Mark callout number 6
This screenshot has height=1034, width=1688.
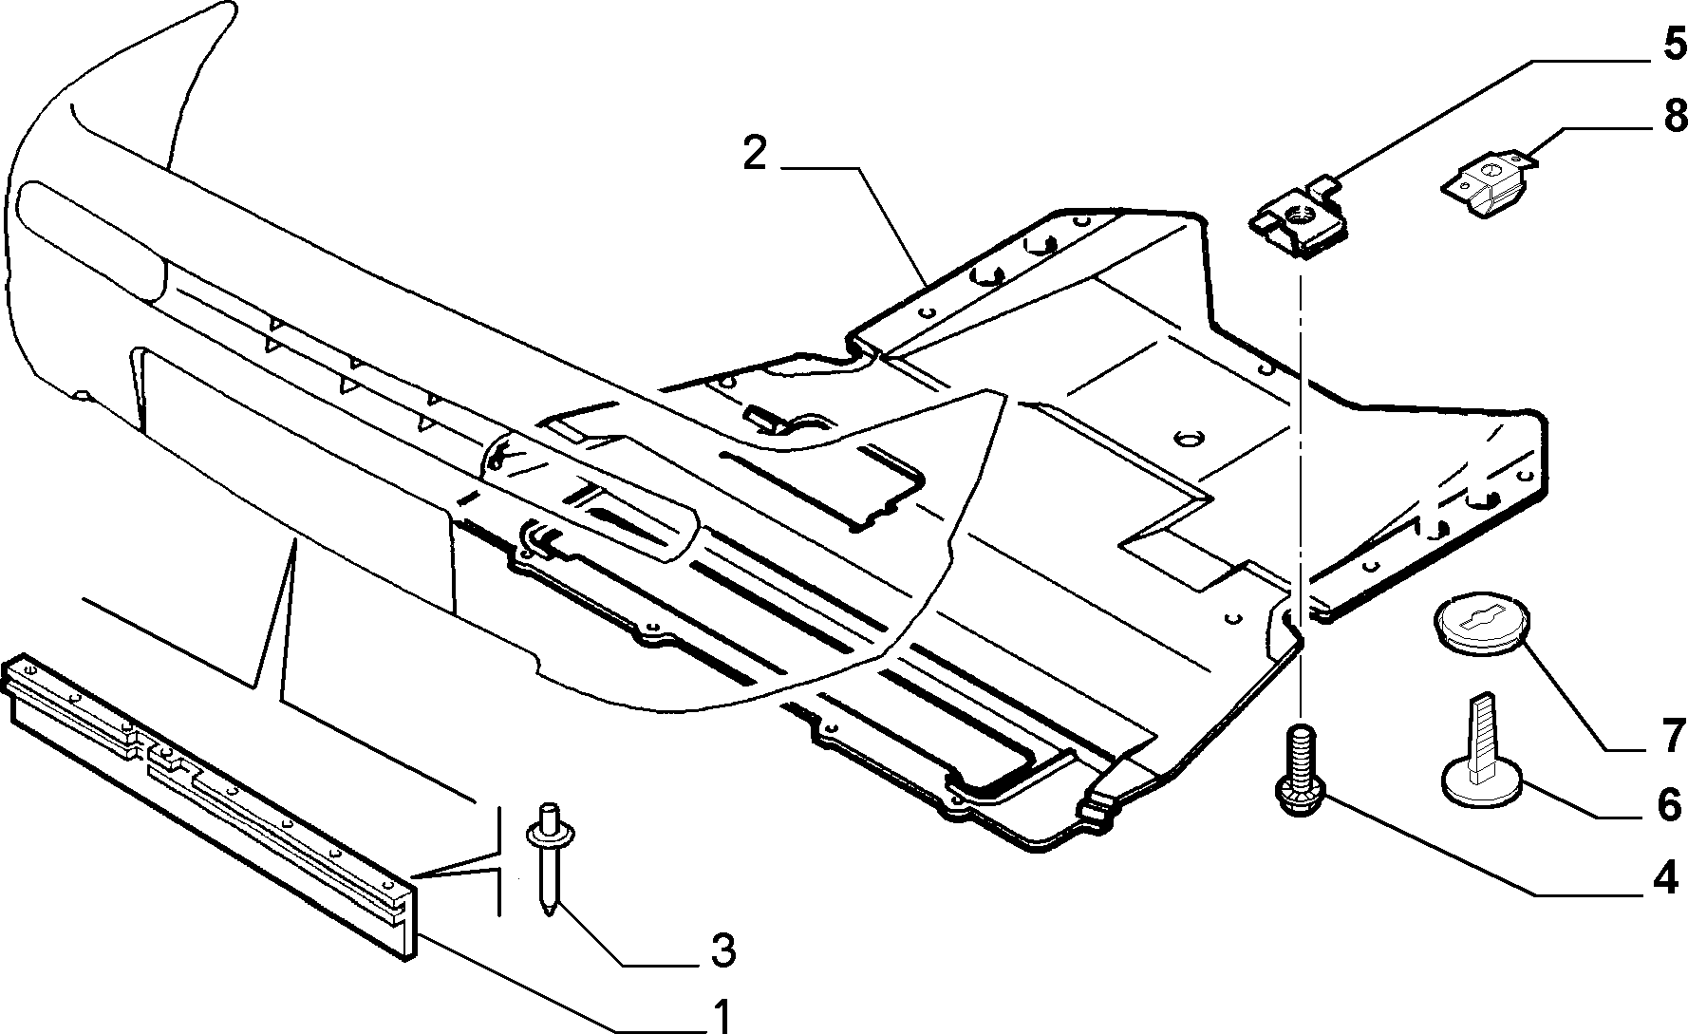click(x=1668, y=804)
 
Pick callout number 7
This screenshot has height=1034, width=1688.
click(x=1670, y=735)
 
